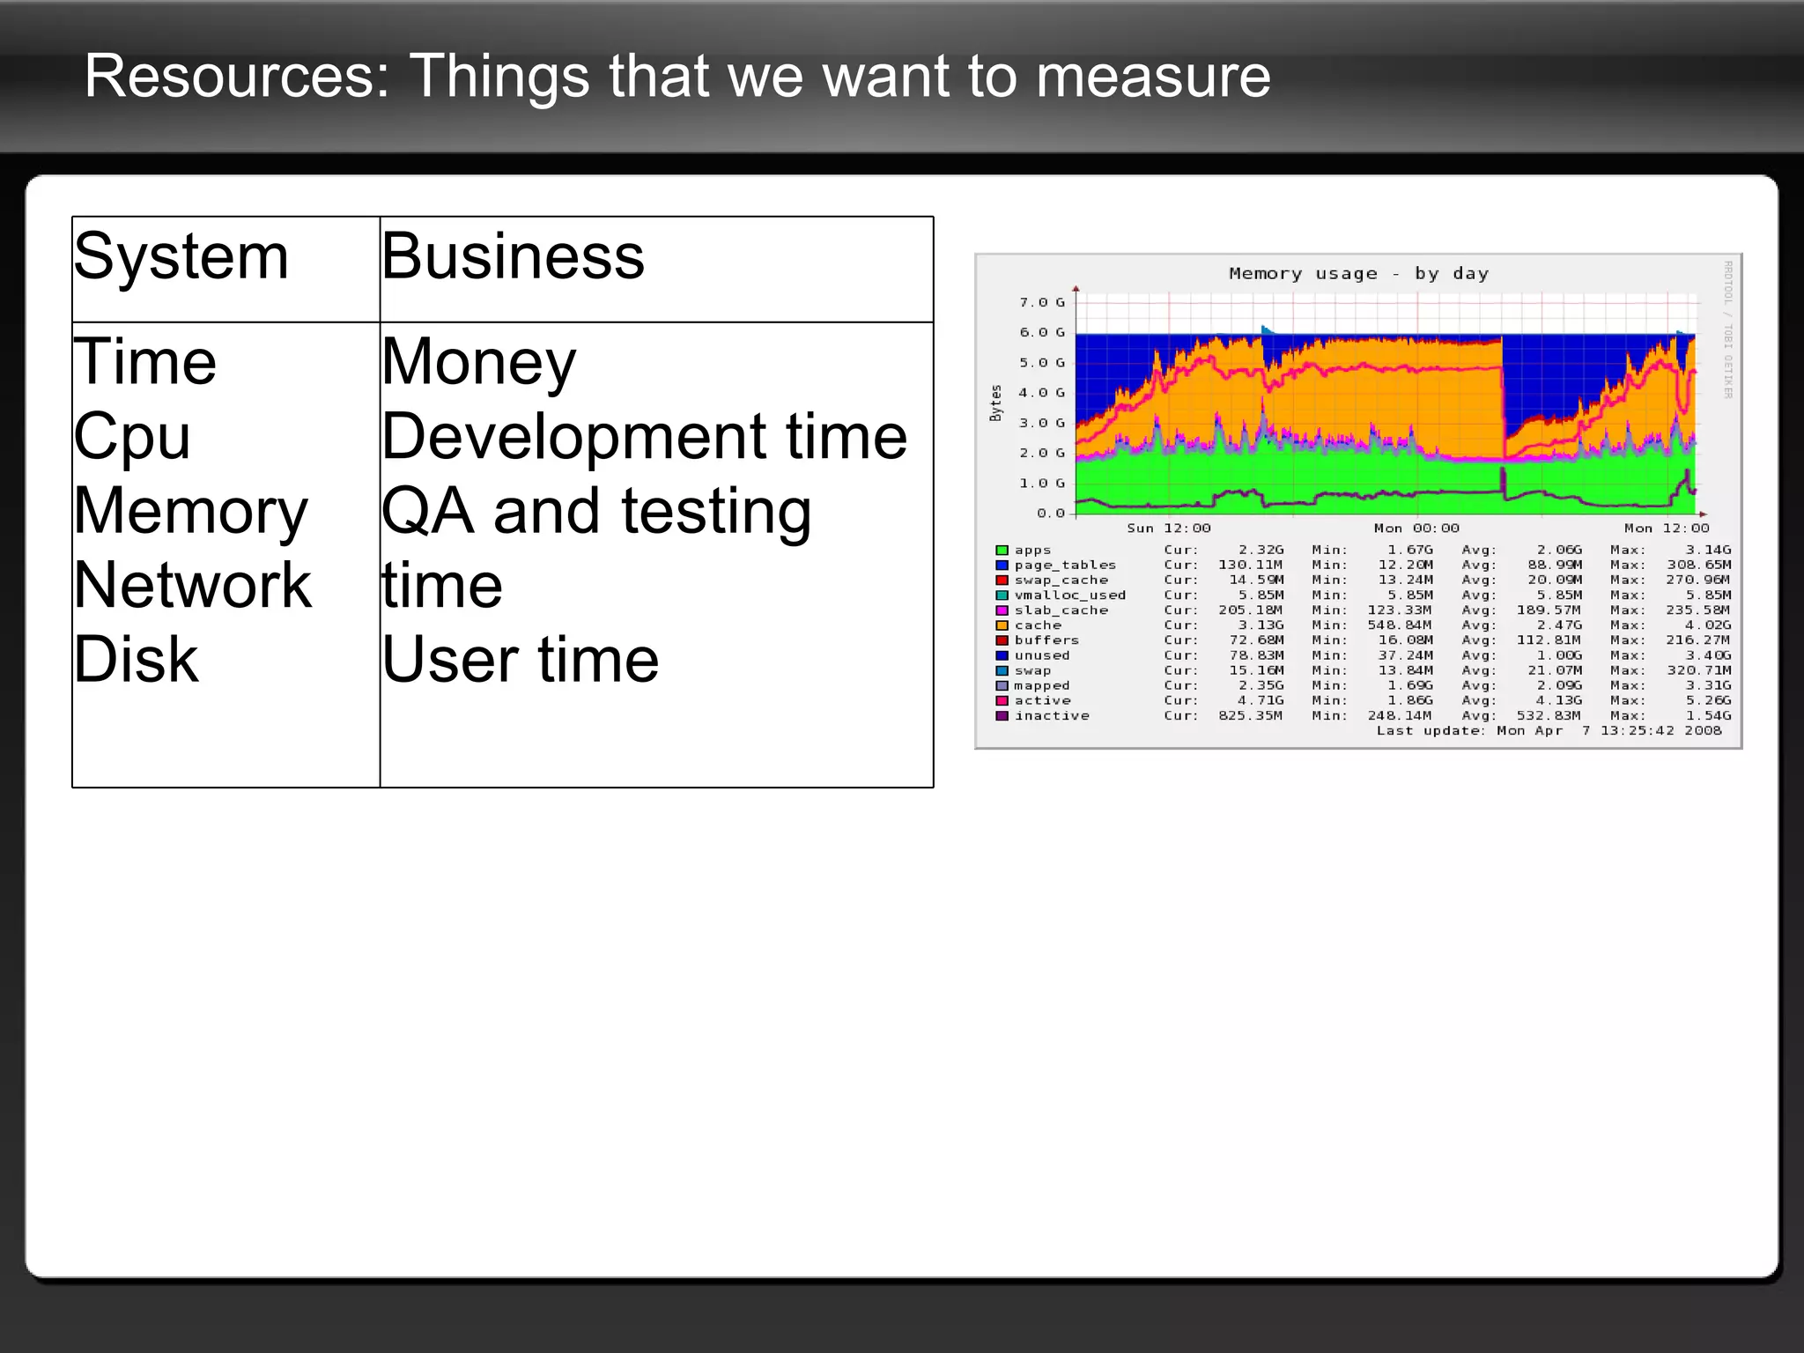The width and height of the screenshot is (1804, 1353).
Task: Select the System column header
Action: coord(181,257)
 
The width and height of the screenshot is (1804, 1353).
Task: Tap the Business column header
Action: coord(513,257)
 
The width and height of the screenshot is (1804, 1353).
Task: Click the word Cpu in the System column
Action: coord(132,436)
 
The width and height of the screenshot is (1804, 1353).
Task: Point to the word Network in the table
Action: coord(192,585)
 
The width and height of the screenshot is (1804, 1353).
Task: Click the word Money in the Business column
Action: coord(478,362)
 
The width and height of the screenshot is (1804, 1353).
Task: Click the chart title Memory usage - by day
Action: coord(1358,274)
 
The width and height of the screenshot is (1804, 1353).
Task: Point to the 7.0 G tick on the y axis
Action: coord(1041,302)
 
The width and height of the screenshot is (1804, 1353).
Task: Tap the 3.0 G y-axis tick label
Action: coord(1041,423)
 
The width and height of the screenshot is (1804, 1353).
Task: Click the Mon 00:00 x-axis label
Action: coord(1416,529)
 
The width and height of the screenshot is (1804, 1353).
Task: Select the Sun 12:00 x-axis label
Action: coord(1169,529)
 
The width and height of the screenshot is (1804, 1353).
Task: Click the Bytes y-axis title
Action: coord(996,403)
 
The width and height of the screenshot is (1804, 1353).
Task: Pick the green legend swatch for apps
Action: coord(1002,551)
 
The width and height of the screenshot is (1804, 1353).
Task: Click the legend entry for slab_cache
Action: coord(1061,610)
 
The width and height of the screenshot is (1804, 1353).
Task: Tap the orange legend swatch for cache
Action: coord(1002,625)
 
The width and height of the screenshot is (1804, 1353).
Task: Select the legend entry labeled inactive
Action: coord(1052,716)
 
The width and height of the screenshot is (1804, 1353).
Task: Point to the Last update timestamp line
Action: coord(1549,731)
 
